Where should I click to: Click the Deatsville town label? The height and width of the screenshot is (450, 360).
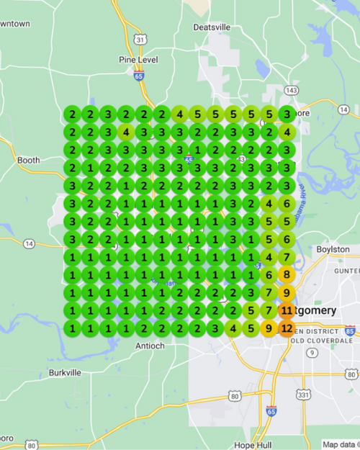coord(212,27)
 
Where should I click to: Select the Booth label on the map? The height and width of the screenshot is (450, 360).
coord(28,160)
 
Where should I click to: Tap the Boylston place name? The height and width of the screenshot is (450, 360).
coord(333,249)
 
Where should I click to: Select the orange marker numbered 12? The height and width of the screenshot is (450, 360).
coord(287,328)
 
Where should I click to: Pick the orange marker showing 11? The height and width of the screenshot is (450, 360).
coord(287,310)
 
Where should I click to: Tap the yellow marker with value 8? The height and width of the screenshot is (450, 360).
coord(287,274)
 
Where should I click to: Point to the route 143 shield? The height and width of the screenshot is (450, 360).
coord(291,91)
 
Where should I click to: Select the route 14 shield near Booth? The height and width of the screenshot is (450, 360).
coord(28,244)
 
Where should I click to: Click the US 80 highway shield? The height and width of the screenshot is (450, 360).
coord(235,395)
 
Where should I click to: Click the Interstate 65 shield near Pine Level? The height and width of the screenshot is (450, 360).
coord(138,73)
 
